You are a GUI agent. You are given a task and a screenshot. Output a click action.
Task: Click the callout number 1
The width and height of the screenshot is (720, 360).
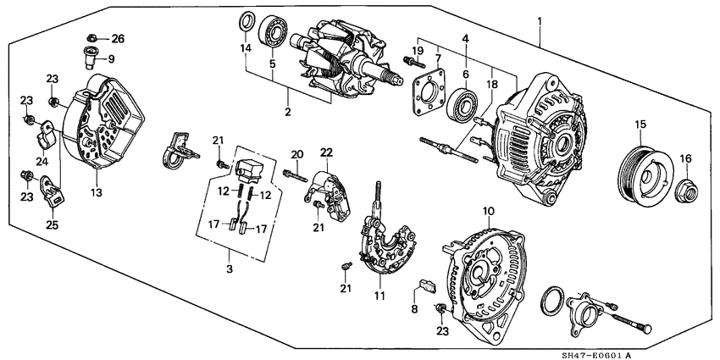[x=539, y=19]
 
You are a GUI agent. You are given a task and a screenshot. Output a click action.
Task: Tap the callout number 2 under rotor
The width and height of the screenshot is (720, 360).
[x=287, y=112]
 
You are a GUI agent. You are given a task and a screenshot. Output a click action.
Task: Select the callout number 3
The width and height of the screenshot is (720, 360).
[x=229, y=269]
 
